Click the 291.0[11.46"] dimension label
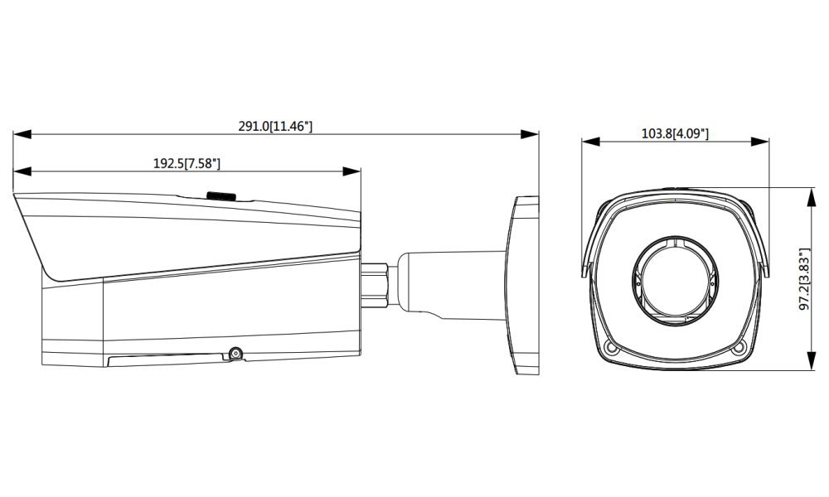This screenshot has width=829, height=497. [275, 126]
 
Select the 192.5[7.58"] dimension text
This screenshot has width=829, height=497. [187, 164]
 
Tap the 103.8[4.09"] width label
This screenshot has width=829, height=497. [675, 133]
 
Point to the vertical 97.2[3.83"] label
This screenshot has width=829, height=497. [804, 279]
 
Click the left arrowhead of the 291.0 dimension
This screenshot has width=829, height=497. [22, 134]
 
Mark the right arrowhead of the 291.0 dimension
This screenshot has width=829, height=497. [529, 134]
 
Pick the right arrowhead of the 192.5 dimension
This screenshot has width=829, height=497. [351, 171]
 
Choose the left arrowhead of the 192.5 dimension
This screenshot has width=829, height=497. [22, 171]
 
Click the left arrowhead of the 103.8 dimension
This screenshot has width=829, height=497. [591, 142]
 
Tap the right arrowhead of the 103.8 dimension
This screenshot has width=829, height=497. [759, 142]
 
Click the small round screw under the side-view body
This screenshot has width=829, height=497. [235, 354]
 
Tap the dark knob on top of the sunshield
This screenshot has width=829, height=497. [221, 196]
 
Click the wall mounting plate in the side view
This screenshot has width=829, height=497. [523, 285]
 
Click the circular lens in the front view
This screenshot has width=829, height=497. [675, 281]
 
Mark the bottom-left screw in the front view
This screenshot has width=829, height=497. [612, 348]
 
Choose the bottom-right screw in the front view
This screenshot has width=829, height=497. [739, 348]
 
